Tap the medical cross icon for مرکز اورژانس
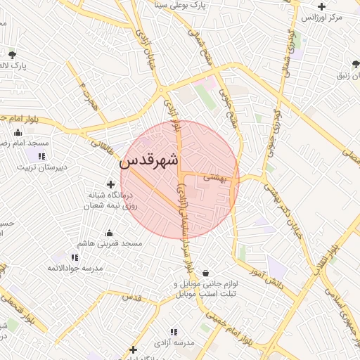click(321, 6)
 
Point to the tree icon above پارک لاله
click(12, 54)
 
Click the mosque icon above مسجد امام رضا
click(17, 132)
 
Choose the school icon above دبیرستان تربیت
click(42, 156)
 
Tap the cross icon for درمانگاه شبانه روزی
click(110, 184)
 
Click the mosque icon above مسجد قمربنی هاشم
click(109, 233)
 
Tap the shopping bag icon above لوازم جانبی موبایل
click(205, 273)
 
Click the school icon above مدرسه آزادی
click(173, 332)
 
